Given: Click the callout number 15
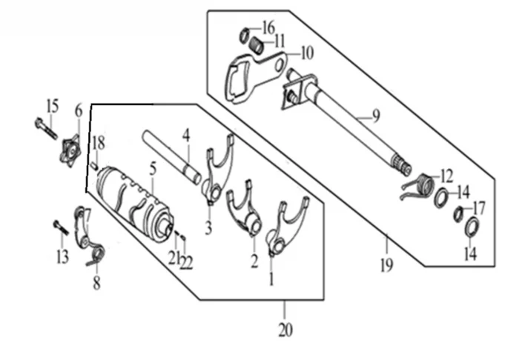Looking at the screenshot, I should pyautogui.click(x=51, y=106).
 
